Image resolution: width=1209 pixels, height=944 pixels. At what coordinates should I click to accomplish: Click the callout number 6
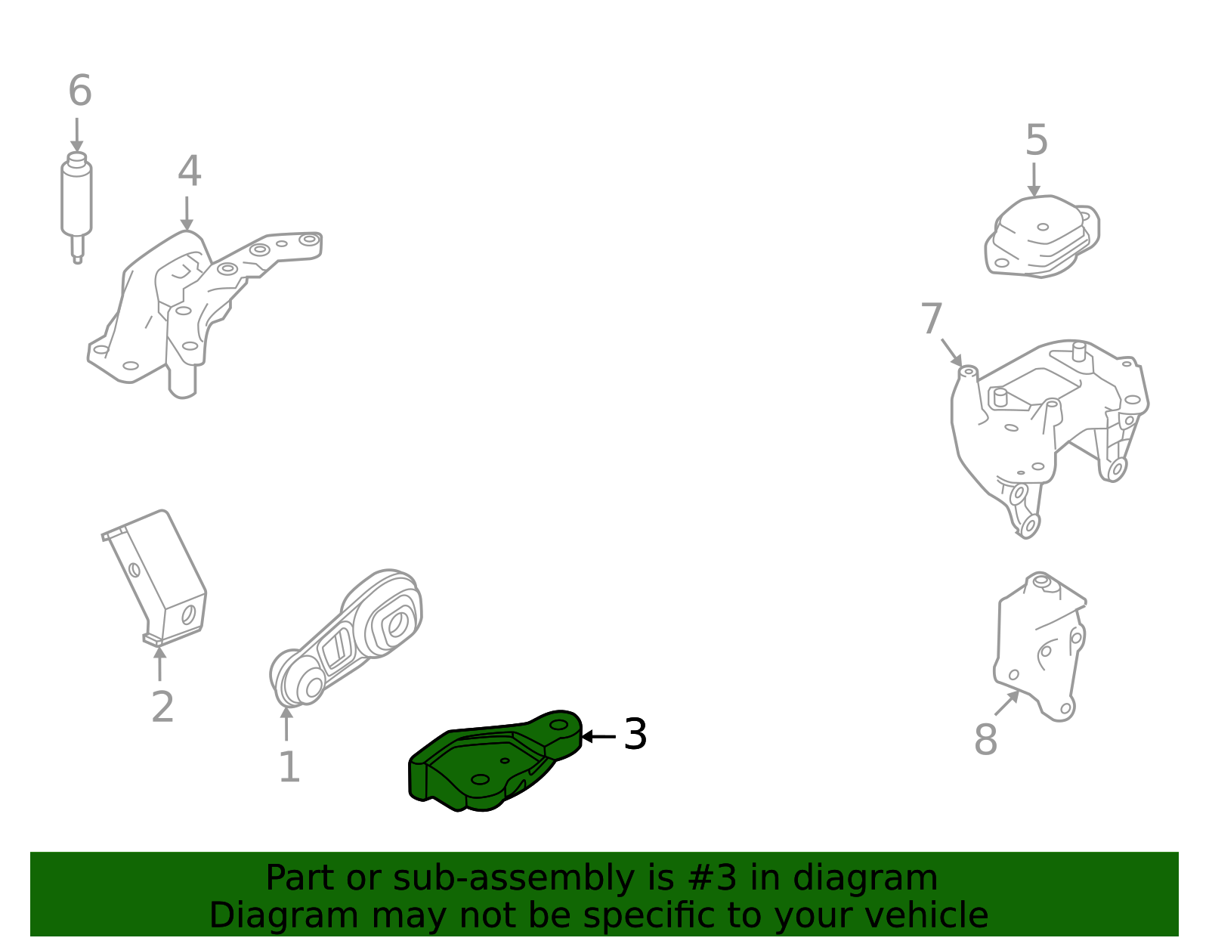pos(80,91)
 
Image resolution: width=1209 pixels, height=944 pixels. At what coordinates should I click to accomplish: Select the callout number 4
pos(189,172)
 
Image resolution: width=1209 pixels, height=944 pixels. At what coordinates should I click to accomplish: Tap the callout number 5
pos(1036,141)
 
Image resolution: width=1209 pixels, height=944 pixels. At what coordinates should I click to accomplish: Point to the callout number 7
pos(932,319)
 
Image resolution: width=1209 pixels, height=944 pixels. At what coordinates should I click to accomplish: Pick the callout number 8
pos(985,739)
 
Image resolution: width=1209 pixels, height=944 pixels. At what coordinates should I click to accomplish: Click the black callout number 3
pos(635,735)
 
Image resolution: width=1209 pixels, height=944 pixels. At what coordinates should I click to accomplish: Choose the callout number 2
pos(162,707)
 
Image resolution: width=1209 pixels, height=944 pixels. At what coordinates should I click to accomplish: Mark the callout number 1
pos(289,768)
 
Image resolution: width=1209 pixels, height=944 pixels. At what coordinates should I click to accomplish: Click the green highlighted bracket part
pos(484,763)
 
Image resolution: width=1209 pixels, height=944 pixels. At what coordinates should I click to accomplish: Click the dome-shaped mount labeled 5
pos(1043,236)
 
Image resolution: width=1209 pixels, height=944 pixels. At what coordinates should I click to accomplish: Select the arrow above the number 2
pos(159,662)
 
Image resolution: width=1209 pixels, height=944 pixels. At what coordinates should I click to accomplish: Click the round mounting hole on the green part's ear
pos(558,724)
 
